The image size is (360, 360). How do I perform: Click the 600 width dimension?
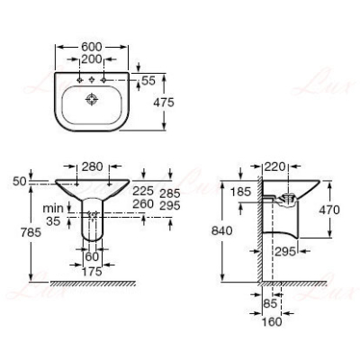coord(92,47)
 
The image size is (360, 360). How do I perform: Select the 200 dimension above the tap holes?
coord(92,59)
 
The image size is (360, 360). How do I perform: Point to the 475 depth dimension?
coord(164,103)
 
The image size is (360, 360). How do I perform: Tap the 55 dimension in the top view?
coord(148,81)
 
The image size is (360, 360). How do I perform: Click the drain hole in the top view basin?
coord(92,99)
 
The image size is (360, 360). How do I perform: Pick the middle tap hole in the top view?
coord(92,80)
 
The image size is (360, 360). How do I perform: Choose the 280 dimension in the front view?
coord(93,166)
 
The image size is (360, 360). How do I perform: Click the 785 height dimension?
coord(31,232)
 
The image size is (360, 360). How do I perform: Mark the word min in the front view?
coord(53,208)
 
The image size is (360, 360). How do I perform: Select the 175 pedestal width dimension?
coord(92,272)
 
